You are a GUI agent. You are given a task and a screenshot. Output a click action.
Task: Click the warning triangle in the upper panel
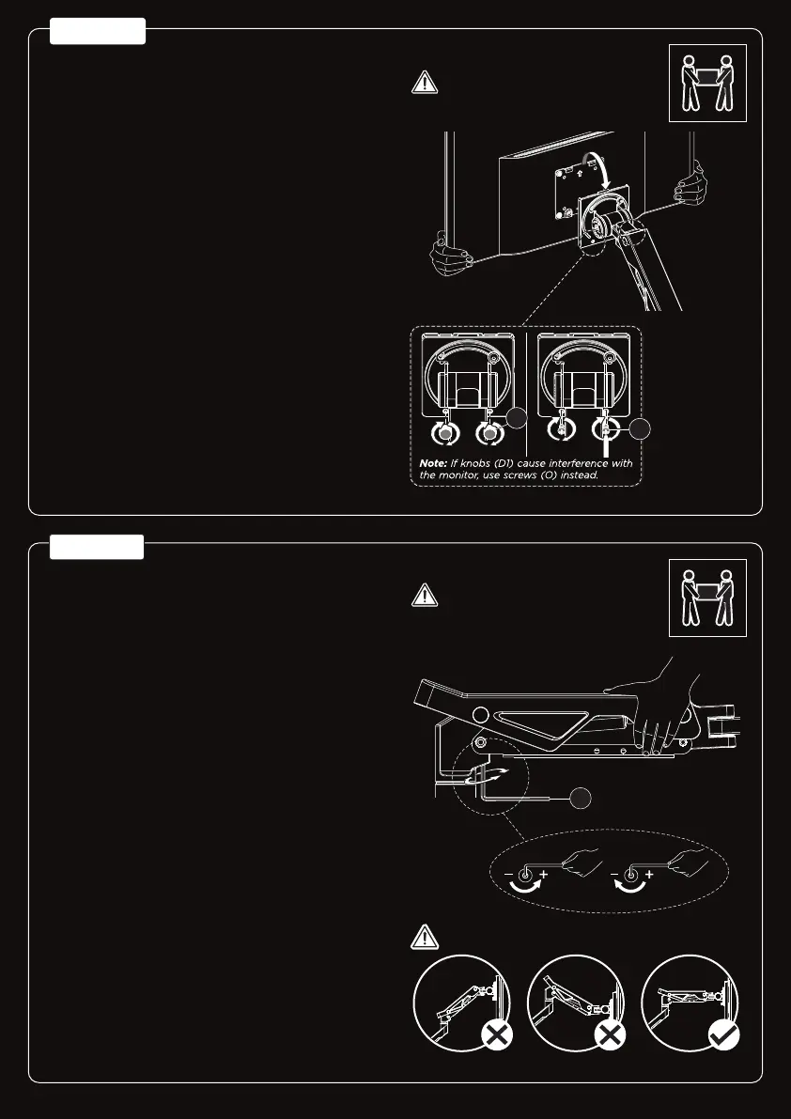[426, 83]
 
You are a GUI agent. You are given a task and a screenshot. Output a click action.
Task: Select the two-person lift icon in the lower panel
[706, 598]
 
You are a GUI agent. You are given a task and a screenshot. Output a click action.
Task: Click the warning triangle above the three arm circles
[426, 937]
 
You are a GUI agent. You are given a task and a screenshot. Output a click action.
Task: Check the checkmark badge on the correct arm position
[721, 1036]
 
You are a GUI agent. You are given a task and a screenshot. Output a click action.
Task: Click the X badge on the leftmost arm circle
[495, 1036]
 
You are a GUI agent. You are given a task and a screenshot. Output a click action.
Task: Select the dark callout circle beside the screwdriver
[640, 429]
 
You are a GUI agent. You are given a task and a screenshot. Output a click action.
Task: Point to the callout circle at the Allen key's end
[581, 798]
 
